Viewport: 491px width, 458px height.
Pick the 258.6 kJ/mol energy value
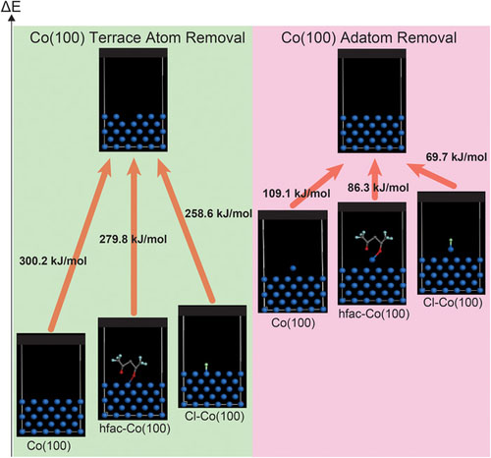coord(216,210)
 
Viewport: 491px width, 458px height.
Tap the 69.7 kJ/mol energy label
coord(457,155)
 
